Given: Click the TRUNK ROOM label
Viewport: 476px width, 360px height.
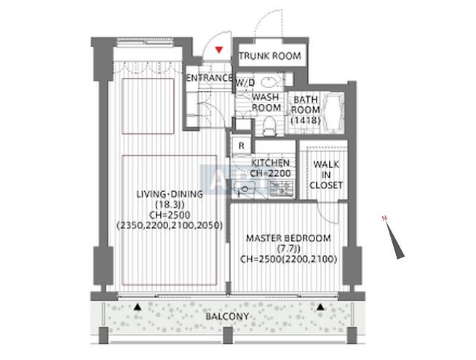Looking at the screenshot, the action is coord(270,56).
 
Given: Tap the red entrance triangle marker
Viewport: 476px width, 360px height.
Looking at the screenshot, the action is coord(218,49).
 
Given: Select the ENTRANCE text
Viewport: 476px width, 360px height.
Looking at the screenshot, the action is coord(210,78).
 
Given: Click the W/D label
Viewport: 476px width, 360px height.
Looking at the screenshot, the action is coord(245,82).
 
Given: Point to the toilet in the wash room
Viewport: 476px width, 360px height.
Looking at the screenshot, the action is coord(269,127).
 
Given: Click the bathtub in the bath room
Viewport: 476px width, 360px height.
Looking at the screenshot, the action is coord(333,113).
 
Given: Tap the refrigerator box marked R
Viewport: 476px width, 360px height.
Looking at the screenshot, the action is coord(242,146).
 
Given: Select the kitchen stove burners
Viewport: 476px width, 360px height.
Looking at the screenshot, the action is coord(282,188).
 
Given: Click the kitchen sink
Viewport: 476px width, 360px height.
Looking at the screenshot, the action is coord(244,189).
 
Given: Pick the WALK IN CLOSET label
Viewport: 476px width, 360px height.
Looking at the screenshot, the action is coord(326,175).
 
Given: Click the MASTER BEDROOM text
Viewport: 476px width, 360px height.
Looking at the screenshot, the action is coord(288,238).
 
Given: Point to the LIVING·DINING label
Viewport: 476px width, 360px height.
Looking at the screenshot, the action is coord(170,194).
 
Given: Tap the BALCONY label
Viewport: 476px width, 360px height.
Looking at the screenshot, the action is coord(227,316).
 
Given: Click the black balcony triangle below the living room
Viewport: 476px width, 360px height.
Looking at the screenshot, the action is coord(138,307).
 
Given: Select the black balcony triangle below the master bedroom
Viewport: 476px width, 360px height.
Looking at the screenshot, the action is coord(320,307).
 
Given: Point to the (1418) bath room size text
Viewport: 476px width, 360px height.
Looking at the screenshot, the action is coord(306,121).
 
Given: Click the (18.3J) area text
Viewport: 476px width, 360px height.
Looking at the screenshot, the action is coord(170,204).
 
